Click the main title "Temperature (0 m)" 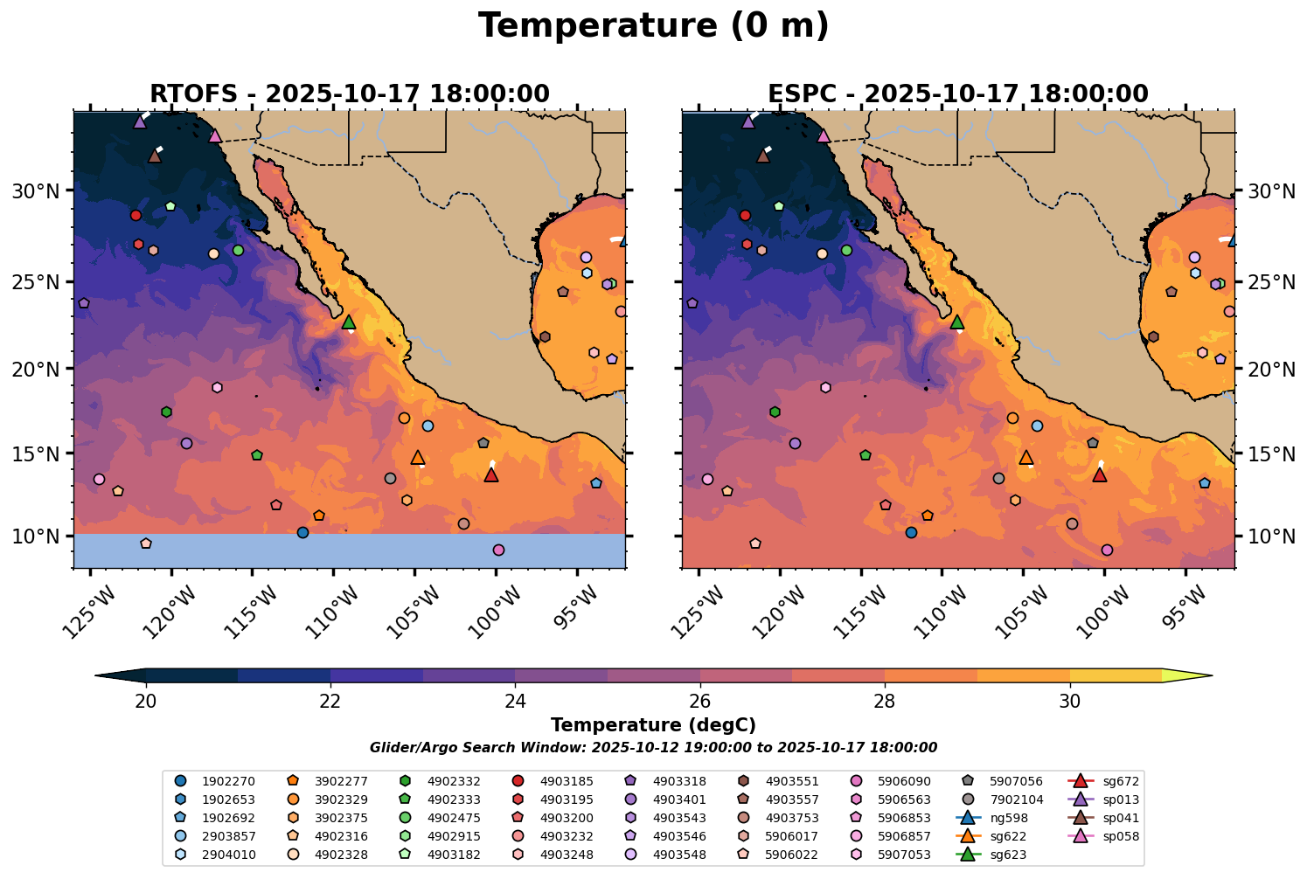coord(653,26)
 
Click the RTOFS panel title coord(350,93)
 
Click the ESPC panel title coord(958,93)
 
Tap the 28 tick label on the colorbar coord(885,702)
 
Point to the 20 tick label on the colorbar coord(146,702)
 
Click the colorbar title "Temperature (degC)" coord(653,725)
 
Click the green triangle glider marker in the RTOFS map coord(349,322)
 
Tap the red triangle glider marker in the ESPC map coord(1100,474)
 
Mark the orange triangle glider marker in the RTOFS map coord(418,457)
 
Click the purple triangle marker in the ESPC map coord(748,121)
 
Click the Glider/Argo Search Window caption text coord(653,748)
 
